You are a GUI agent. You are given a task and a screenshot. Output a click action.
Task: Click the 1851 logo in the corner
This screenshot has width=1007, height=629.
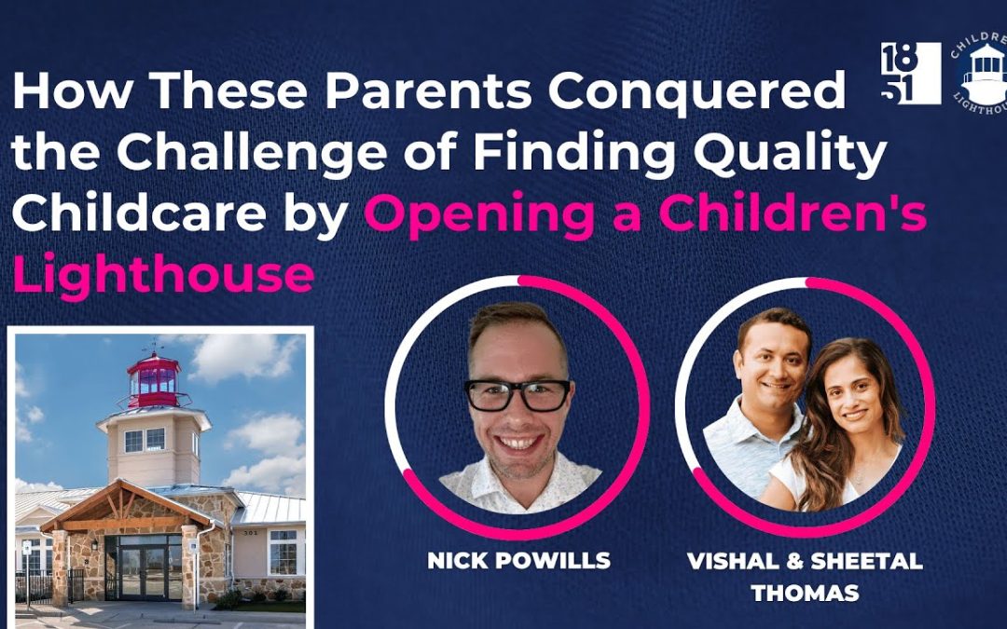point(911,74)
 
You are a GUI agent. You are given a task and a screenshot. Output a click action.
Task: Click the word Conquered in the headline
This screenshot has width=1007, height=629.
point(697,91)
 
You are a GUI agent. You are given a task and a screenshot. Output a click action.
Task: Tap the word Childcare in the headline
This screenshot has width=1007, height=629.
point(139,213)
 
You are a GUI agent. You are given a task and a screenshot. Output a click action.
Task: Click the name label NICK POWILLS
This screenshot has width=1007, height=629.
point(519,560)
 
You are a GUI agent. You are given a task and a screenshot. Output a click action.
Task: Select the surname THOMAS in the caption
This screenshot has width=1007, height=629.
point(806,593)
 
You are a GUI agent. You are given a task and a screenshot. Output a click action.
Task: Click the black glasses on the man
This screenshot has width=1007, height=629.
point(517,395)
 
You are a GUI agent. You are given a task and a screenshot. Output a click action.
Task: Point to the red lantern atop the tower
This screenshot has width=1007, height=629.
point(154,381)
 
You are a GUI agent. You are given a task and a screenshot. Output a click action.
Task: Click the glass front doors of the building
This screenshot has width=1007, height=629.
point(144,572)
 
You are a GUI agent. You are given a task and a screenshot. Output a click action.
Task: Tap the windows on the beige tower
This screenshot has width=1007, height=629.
point(145,440)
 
